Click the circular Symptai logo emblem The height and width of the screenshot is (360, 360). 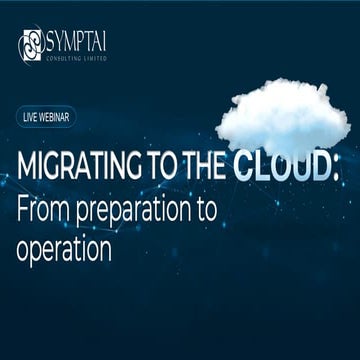(x=30, y=44)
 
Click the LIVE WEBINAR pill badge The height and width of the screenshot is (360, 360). (x=48, y=117)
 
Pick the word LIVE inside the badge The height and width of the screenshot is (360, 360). (x=31, y=117)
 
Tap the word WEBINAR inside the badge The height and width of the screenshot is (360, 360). (x=55, y=117)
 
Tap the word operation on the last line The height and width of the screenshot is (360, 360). (x=64, y=246)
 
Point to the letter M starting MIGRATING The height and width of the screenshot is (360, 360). (x=26, y=165)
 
